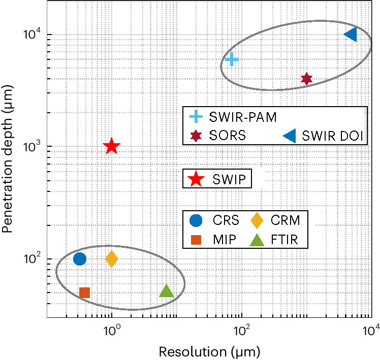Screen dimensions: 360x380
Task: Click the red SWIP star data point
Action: click(112, 147)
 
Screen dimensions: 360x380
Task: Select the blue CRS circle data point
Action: click(80, 259)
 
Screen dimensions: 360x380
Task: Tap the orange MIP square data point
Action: click(85, 292)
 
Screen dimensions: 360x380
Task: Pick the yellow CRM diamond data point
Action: click(112, 259)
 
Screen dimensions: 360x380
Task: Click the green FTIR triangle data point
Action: click(167, 291)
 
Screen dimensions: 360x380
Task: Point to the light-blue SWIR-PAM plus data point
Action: click(232, 59)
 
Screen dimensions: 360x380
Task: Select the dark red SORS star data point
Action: click(306, 79)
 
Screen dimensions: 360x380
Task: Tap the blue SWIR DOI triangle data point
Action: click(351, 35)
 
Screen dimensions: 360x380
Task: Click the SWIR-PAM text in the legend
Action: click(243, 117)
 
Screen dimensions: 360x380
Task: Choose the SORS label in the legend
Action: click(228, 136)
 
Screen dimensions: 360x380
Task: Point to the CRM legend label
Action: click(285, 220)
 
